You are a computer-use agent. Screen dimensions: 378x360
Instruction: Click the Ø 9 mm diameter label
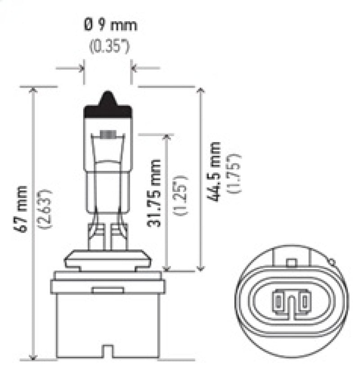[x=110, y=25]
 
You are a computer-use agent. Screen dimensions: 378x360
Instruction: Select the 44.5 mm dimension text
[x=215, y=171]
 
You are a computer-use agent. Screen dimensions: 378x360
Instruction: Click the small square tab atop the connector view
[x=292, y=262]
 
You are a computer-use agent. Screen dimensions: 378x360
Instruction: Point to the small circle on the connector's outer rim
[x=332, y=261]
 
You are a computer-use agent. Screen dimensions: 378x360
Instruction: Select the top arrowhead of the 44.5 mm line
[x=201, y=90]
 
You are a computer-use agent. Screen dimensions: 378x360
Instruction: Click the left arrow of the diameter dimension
[x=81, y=68]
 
